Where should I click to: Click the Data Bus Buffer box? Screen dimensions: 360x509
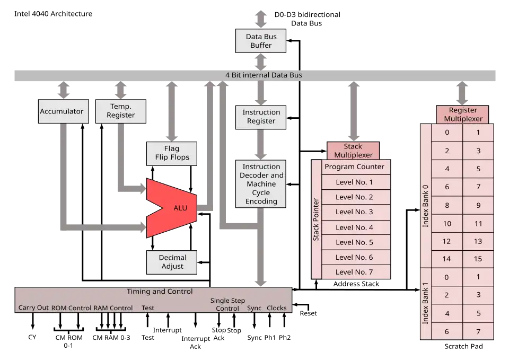(x=261, y=41)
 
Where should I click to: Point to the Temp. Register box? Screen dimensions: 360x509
(x=121, y=111)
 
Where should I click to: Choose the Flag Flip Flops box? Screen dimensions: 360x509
(x=172, y=153)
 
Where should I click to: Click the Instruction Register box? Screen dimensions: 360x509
(x=261, y=117)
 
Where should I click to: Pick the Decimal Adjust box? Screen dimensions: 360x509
(x=172, y=262)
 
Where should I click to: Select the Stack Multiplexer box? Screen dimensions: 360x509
(x=353, y=151)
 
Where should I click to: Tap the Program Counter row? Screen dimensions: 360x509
(x=354, y=166)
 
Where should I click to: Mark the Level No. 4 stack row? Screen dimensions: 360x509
(x=354, y=227)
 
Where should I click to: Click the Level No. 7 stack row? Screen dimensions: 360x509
(x=354, y=272)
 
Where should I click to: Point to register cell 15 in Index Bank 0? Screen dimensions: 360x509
(x=478, y=259)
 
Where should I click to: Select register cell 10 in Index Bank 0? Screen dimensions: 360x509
(x=447, y=223)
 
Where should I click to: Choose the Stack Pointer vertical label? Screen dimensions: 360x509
(x=316, y=219)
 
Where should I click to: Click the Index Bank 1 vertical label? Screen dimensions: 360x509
(x=425, y=304)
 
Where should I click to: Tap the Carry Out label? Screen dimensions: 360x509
(x=33, y=308)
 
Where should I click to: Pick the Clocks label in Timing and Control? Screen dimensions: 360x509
(x=276, y=308)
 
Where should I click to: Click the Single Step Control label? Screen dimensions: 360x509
(x=227, y=304)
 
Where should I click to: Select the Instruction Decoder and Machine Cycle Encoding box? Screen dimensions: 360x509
(x=261, y=184)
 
